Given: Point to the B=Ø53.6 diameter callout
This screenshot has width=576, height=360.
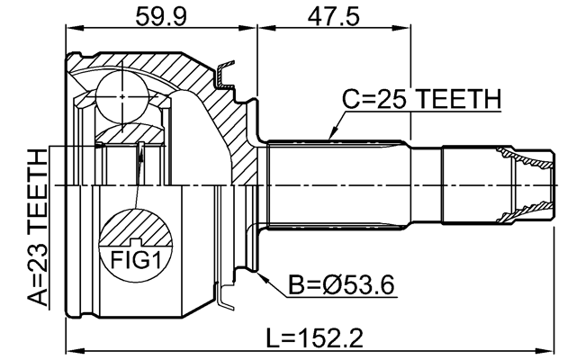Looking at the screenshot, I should click(341, 286).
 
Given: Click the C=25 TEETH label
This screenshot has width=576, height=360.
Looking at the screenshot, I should click(419, 99).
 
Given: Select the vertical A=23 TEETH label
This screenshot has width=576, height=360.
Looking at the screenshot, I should click(37, 229).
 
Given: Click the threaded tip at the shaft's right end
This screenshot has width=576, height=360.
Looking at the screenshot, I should click(530, 184).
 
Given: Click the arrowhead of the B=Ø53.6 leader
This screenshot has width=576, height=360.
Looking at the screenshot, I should click(260, 275).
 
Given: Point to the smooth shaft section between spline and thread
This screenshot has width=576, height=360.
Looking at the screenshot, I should click(427, 184).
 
